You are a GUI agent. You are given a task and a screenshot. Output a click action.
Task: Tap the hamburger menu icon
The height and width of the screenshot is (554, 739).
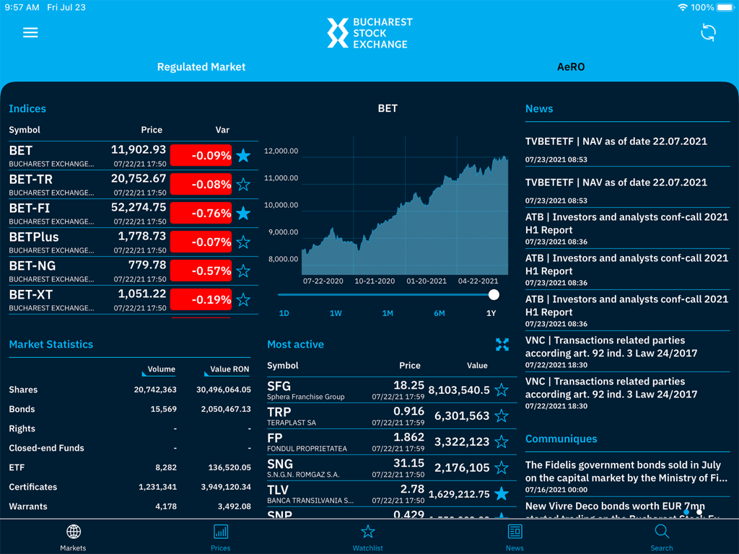pos(30,32)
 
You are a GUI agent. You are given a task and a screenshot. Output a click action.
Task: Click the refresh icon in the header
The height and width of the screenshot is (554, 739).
pos(708,32)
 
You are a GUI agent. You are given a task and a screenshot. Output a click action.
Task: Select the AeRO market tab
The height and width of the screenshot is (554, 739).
pos(571,67)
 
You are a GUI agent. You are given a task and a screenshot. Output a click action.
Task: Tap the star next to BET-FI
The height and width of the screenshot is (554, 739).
pos(243,213)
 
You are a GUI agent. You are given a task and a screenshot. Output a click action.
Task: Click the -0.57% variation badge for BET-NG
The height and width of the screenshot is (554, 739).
pos(201,271)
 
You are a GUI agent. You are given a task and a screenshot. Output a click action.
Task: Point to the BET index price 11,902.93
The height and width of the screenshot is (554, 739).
pos(139,150)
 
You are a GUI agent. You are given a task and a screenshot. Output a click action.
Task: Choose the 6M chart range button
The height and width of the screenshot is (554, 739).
pos(439,313)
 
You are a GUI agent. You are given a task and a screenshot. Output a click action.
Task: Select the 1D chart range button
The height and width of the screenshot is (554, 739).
pos(284,313)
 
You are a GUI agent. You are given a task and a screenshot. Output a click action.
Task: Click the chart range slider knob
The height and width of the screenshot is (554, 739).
pos(494,294)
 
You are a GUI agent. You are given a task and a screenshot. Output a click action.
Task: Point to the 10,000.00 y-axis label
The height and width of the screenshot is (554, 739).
pos(281,205)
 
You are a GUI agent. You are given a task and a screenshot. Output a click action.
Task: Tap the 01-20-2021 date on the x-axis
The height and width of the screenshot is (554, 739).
pos(427,281)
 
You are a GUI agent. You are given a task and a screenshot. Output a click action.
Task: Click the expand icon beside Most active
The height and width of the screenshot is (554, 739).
pos(502,344)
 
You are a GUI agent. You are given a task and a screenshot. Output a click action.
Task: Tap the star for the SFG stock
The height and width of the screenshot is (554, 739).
pos(502,390)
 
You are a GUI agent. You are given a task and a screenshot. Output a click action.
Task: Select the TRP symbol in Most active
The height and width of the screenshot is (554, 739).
pos(279,412)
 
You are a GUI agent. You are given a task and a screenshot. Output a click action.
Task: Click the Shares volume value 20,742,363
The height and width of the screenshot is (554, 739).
pos(155,390)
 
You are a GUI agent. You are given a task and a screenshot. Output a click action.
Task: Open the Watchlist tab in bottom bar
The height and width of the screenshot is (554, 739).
pos(367,537)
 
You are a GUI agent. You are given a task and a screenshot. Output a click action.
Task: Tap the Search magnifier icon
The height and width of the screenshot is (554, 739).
pos(662,532)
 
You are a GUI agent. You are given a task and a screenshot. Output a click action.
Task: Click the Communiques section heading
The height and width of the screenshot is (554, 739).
pos(561,439)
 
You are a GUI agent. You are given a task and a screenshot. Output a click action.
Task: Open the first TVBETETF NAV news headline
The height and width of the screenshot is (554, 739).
pos(616,141)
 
